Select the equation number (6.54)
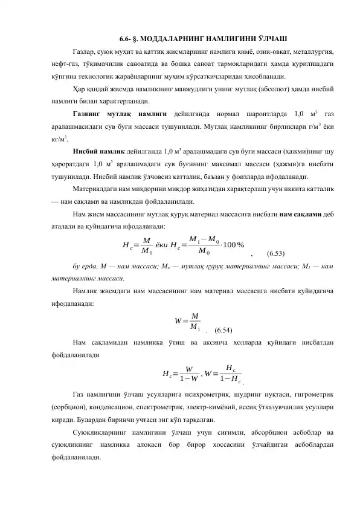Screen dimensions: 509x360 224,329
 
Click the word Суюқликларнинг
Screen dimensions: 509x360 98,432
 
